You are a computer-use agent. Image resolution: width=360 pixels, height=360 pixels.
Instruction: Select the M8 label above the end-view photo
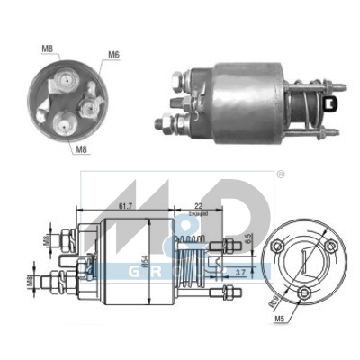46,49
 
